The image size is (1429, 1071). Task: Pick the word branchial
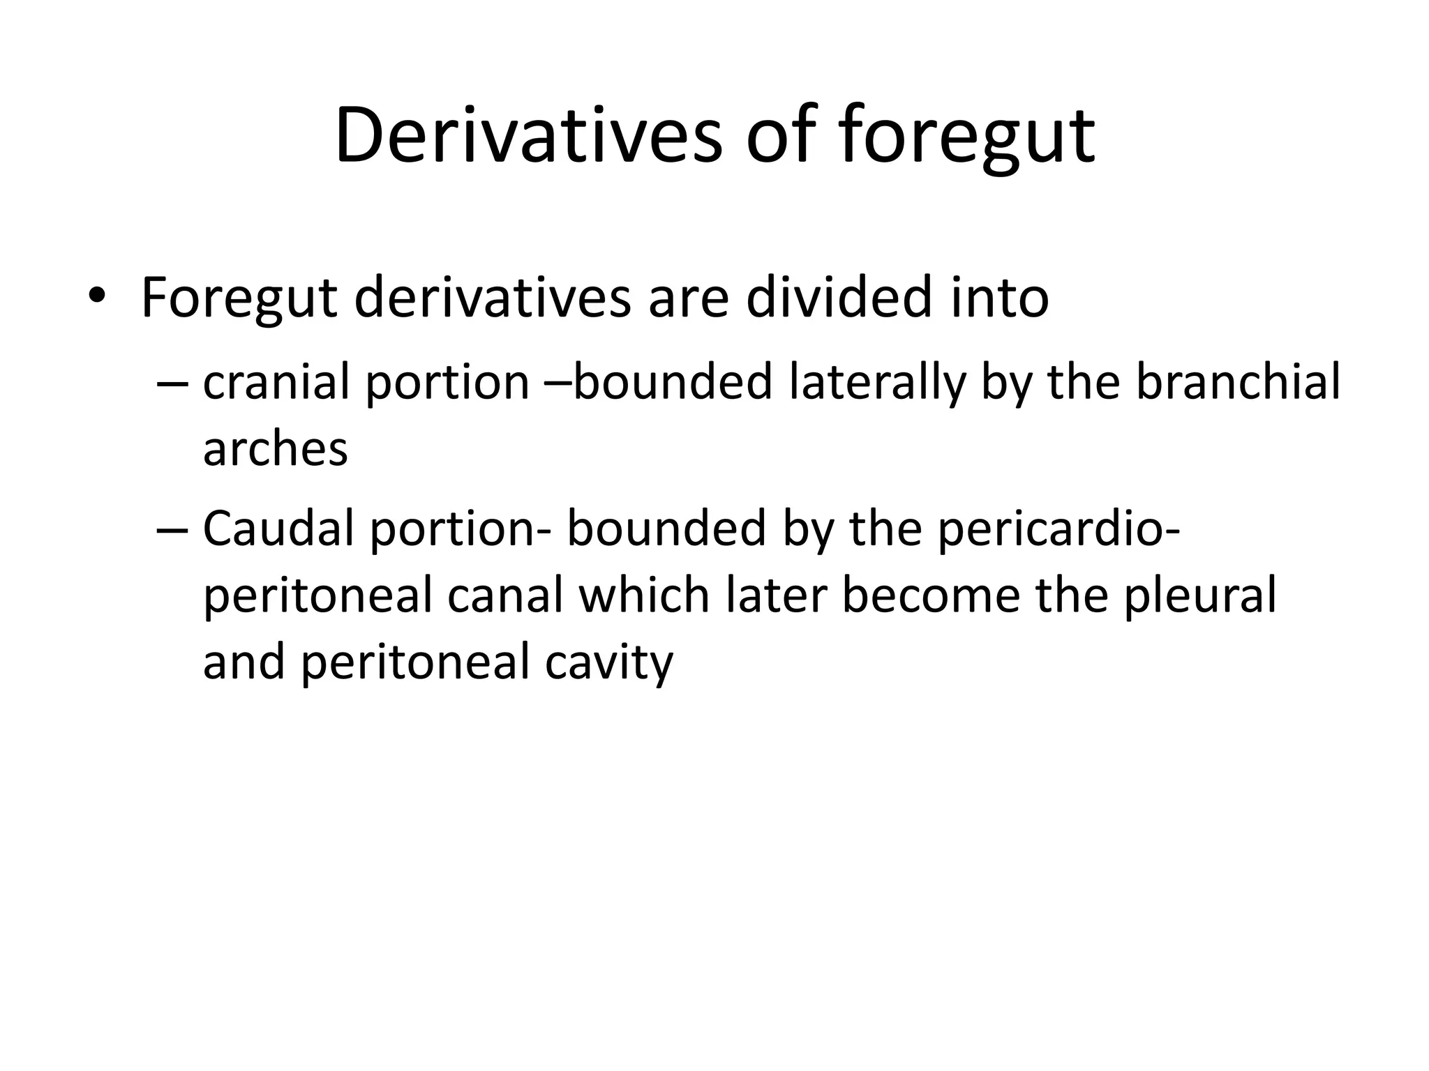1238,382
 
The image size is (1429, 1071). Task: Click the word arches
275,449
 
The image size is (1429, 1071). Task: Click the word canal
504,595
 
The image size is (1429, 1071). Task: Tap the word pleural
1199,595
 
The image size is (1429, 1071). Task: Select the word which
644,595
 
